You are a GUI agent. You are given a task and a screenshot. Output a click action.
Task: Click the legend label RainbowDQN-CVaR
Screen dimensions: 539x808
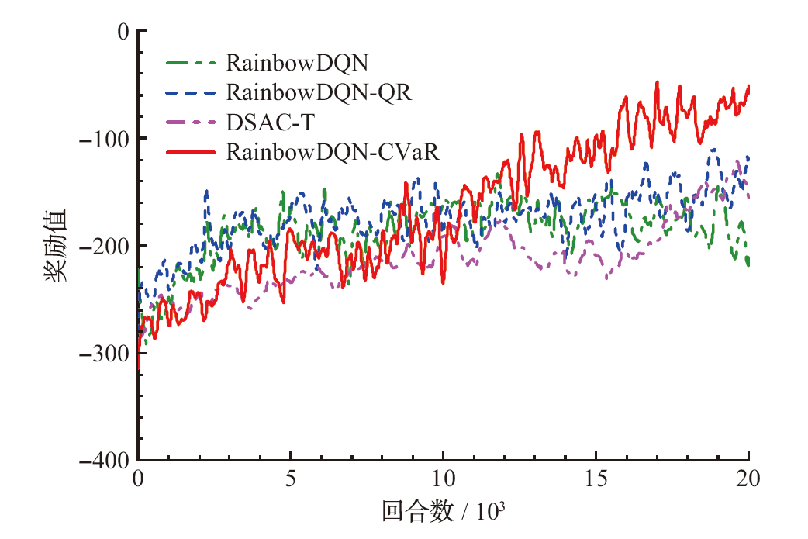[x=333, y=152]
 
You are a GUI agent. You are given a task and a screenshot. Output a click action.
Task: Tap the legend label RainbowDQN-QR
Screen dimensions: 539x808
[x=319, y=92]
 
